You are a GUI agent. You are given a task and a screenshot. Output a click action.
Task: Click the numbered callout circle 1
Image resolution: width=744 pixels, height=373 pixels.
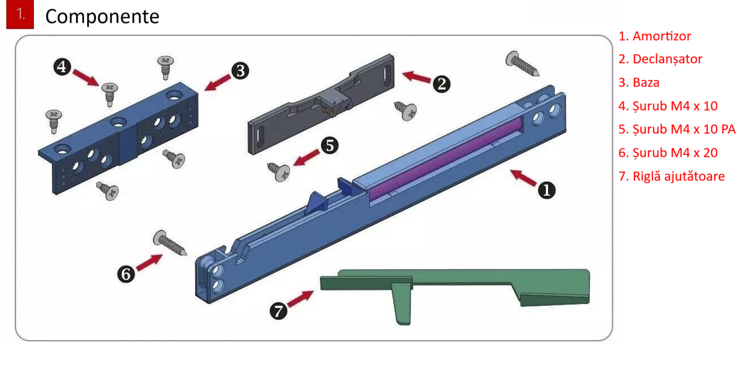[x=546, y=190]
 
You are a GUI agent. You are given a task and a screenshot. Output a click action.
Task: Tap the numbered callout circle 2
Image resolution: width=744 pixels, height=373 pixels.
[x=441, y=84]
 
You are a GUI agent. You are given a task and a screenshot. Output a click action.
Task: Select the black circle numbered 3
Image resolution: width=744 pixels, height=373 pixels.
[x=240, y=71]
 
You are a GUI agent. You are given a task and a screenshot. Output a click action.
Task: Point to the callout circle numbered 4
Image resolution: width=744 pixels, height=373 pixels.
[x=62, y=67]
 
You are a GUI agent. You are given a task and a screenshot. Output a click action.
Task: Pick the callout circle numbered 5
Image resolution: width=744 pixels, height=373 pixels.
[x=329, y=145]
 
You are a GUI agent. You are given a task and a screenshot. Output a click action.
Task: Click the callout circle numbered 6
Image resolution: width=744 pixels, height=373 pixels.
[x=126, y=274]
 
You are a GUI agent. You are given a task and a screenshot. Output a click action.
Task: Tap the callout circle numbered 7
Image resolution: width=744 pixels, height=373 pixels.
[x=279, y=311]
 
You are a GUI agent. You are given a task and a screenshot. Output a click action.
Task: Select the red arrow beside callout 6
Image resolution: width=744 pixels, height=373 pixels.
[x=149, y=262]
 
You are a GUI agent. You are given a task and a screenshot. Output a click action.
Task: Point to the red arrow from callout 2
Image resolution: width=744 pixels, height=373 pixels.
[x=416, y=77]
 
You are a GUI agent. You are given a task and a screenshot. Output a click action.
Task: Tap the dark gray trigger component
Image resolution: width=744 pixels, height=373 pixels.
[x=321, y=104]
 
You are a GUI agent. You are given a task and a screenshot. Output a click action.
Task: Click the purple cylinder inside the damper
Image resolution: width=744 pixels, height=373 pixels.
[x=445, y=159]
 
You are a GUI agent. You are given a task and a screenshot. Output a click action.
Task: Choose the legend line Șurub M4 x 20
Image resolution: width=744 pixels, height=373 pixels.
[x=668, y=153]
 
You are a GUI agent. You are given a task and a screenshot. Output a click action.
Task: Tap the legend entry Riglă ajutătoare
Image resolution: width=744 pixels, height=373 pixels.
[x=671, y=176]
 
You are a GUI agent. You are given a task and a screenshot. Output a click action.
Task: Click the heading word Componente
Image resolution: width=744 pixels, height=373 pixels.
[x=103, y=16]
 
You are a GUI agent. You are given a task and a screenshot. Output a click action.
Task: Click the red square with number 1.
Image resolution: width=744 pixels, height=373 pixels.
[x=20, y=14]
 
